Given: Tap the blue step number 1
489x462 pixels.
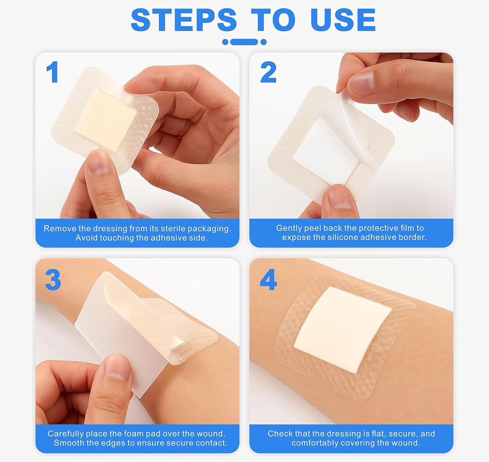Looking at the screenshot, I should click(52, 72).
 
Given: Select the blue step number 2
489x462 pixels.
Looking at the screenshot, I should click(268, 72).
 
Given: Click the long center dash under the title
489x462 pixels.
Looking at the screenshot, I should click(244, 42).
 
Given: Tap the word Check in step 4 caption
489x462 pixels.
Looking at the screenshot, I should click(280, 434).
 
